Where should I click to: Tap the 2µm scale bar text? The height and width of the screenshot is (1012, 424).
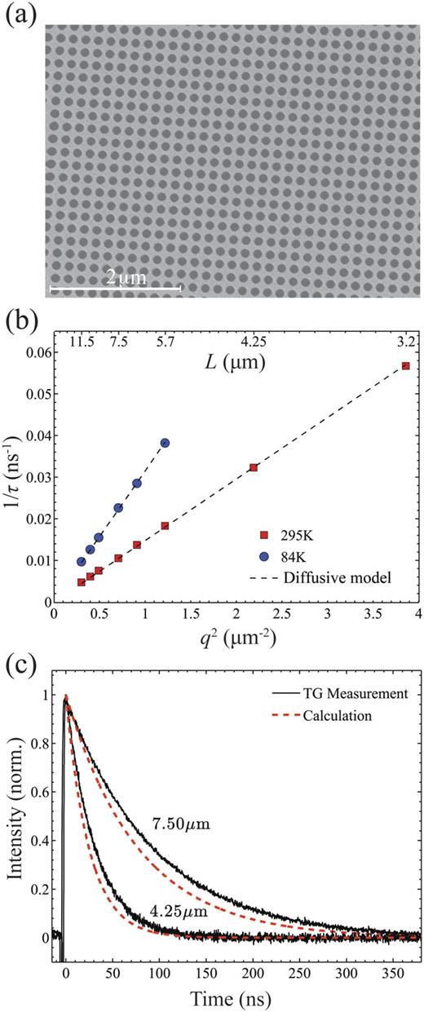(126, 278)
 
